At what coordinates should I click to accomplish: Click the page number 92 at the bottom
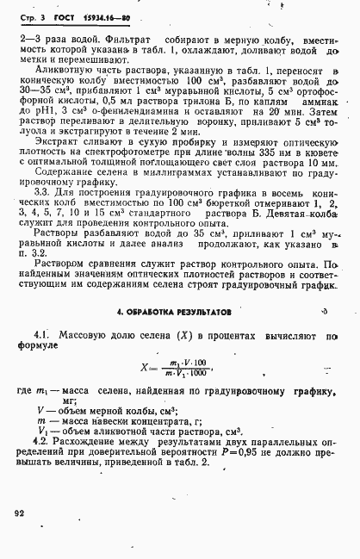[x=21, y=513]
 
